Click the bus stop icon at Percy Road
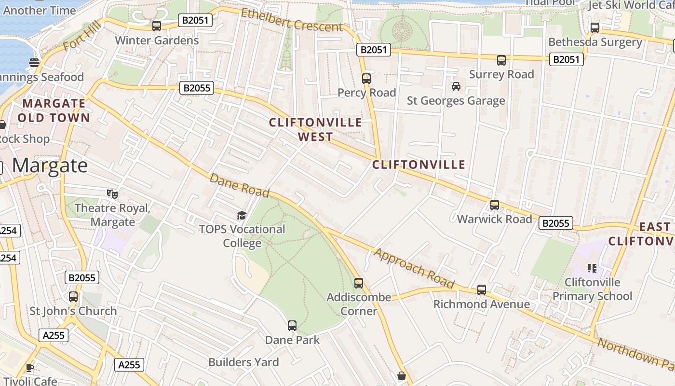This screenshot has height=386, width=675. [366, 78]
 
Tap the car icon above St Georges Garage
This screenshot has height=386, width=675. [456, 86]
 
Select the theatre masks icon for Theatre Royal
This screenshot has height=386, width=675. [112, 194]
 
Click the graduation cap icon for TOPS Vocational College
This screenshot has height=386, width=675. [242, 215]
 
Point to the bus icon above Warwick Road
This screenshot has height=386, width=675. [495, 205]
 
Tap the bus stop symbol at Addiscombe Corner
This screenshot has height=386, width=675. [359, 283]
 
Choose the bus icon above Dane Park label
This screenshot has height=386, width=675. [292, 326]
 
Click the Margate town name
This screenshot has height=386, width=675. [50, 165]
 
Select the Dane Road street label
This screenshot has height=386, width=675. [239, 185]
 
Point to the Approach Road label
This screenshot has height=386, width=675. [414, 268]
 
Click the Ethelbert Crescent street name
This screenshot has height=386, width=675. [292, 20]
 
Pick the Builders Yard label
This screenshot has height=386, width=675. [243, 362]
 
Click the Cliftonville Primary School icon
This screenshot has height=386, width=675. [592, 268]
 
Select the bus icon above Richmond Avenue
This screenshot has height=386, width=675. [482, 290]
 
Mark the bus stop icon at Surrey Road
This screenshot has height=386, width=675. [501, 60]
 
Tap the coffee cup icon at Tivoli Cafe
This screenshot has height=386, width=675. [30, 368]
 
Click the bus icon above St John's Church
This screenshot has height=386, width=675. [73, 297]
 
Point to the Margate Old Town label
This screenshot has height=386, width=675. [54, 110]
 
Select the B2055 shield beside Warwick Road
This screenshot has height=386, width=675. [556, 223]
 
